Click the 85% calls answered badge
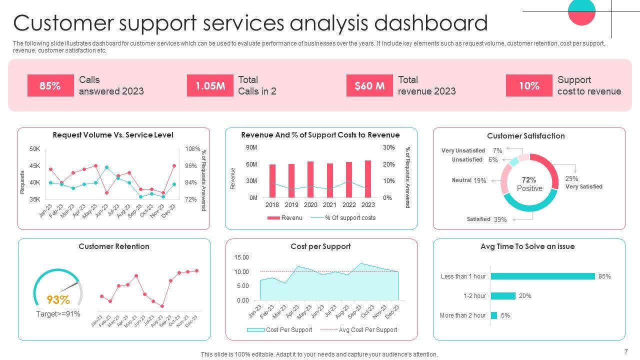50,85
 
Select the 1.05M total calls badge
210,85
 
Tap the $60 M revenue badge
369,85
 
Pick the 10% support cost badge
529,85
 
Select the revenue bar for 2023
368,178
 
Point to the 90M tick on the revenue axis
251,147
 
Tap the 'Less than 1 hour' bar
542,276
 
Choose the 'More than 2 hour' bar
494,315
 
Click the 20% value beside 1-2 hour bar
525,296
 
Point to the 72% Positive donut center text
529,184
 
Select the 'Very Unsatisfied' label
463,150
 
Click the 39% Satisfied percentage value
500,219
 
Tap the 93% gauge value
58,300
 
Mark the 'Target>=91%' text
58,314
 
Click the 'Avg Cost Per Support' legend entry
367,330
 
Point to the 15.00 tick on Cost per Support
241,257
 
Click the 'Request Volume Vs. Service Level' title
113,135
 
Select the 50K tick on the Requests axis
35,149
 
